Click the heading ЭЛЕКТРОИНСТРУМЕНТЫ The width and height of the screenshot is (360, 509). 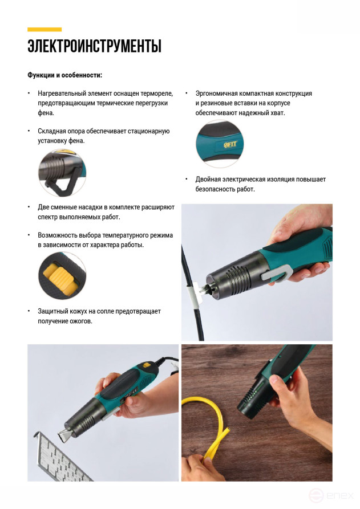pos(94,46)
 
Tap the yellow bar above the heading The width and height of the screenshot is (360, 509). pos(45,30)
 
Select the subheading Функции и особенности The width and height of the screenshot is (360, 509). pos(64,75)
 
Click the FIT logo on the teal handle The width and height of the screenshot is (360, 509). pos(230,144)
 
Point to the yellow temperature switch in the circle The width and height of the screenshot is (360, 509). pos(60,278)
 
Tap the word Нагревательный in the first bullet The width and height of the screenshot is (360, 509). pos(62,94)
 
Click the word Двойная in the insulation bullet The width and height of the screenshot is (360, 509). pos(208,179)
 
